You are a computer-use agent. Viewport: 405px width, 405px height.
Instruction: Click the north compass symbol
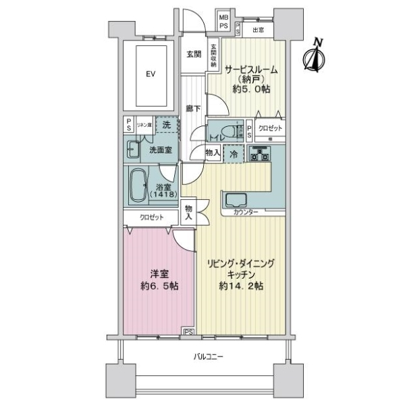tap(315, 56)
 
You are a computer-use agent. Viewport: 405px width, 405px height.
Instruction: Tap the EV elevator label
tap(151, 74)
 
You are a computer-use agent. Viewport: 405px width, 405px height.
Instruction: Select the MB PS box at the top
tap(223, 21)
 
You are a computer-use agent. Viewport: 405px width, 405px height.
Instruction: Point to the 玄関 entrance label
tap(193, 55)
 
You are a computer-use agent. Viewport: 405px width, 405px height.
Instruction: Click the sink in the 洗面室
tap(133, 149)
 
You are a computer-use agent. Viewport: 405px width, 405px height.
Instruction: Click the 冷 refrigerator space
tap(234, 154)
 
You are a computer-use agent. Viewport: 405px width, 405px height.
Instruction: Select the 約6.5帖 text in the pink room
tap(159, 286)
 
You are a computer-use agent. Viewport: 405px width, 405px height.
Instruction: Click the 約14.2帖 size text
tap(240, 286)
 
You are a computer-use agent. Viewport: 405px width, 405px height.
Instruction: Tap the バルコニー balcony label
tap(207, 356)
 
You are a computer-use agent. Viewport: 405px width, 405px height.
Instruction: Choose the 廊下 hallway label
tap(192, 108)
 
